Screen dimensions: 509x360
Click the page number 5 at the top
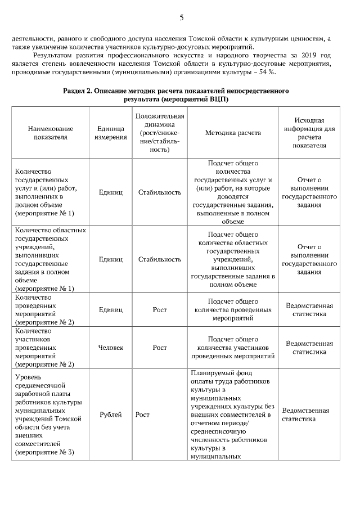[x=181, y=17]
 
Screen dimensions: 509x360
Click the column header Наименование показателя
[x=50, y=133]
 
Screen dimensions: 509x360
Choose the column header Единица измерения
[x=110, y=133]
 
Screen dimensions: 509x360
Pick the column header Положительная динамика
[x=160, y=133]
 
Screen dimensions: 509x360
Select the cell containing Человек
[x=110, y=348]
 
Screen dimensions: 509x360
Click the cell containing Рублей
[x=110, y=415]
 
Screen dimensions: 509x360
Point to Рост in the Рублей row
[x=142, y=415]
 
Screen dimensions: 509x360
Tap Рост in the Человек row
[x=160, y=348]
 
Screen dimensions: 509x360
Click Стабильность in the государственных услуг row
[x=160, y=192]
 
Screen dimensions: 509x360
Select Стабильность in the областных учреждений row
[x=160, y=259]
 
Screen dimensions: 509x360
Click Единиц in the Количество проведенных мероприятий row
[x=110, y=309]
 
